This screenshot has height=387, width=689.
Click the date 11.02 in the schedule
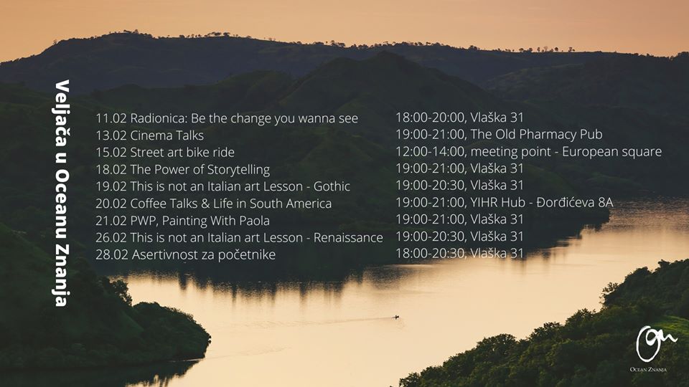coord(111,118)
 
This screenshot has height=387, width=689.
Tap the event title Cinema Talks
coord(167,135)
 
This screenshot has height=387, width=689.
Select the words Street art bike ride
coord(182,152)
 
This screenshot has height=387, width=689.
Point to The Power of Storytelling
coord(200,170)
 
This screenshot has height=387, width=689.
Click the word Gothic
coord(332,186)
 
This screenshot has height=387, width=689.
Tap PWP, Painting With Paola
coord(200,221)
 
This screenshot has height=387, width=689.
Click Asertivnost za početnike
coord(203,255)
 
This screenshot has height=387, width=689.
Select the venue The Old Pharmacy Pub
coord(537,134)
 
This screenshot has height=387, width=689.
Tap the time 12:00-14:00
coord(430,152)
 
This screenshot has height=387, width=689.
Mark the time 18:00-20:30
coord(430,254)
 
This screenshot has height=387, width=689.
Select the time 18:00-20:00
coord(430,118)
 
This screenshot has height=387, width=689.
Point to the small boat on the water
coord(396,317)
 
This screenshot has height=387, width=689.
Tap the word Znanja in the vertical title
coord(62,279)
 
